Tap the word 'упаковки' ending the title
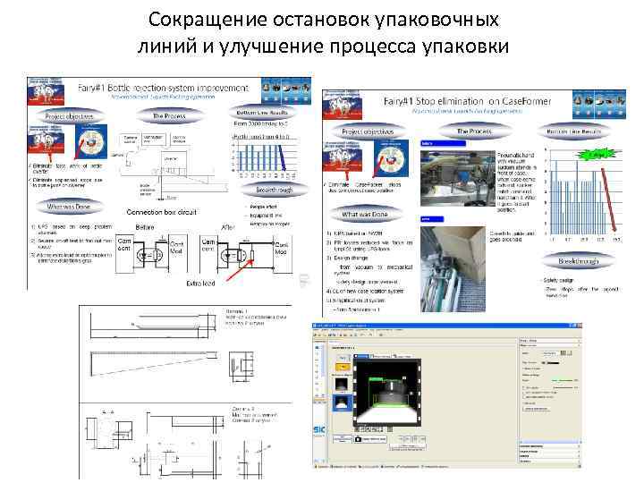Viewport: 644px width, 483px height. click(465, 46)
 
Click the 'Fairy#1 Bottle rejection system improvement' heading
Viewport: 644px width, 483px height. click(176, 88)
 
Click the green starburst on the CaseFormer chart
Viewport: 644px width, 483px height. click(594, 155)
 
